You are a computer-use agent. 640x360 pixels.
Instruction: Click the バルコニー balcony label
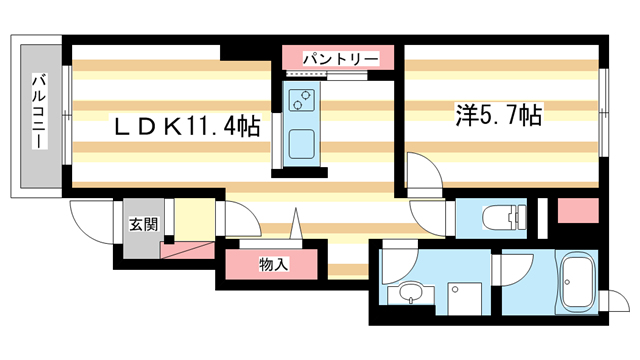(x=39, y=111)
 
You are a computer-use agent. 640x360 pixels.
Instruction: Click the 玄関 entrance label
(x=141, y=223)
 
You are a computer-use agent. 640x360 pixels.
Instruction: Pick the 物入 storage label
(x=273, y=265)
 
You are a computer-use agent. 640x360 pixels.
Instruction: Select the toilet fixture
(x=502, y=216)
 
